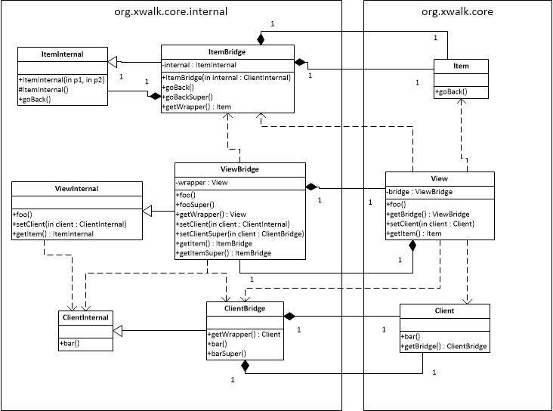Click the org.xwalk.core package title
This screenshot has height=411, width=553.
(x=456, y=12)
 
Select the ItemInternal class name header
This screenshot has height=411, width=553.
(x=62, y=54)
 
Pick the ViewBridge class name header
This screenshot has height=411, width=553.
(x=239, y=169)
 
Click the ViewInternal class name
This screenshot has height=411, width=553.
(x=77, y=188)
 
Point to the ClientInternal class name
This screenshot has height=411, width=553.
(x=86, y=317)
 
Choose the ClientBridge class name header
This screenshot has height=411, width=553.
(x=245, y=308)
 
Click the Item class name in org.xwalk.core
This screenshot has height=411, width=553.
(x=461, y=66)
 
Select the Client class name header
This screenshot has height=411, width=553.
(x=444, y=311)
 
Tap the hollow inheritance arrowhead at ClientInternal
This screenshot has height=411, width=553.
(x=119, y=331)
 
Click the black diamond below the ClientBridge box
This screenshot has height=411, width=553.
(x=245, y=366)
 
